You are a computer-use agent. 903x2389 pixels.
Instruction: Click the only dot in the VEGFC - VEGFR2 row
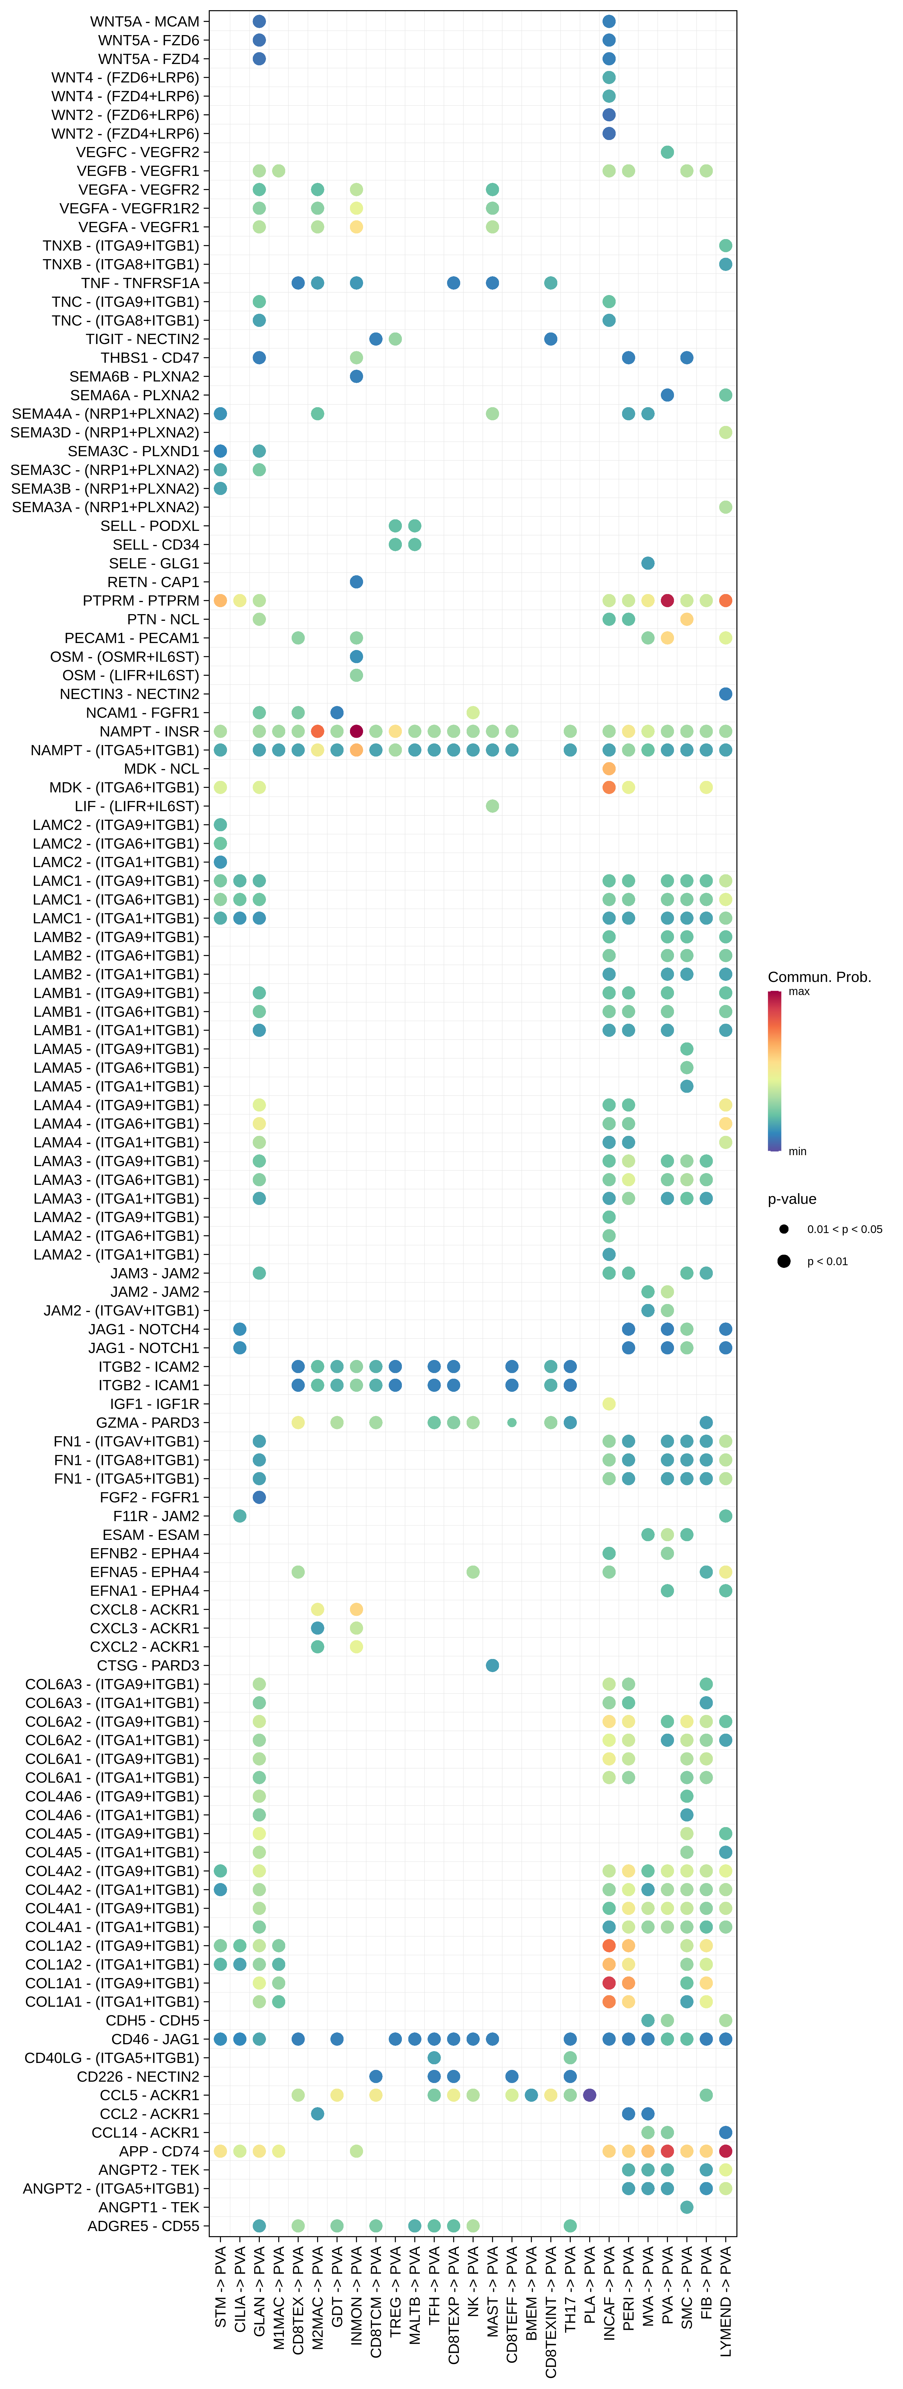(668, 152)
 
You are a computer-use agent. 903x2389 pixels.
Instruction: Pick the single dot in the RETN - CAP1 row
(356, 581)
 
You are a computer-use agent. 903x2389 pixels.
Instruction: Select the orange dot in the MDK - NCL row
(609, 769)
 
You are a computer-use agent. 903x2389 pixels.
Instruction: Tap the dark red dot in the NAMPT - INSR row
(356, 732)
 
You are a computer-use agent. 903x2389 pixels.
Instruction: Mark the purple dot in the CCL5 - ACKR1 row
(590, 2095)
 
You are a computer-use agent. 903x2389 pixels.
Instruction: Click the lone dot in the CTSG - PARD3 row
(492, 1666)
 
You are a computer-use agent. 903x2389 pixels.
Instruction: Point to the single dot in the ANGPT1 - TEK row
(687, 2207)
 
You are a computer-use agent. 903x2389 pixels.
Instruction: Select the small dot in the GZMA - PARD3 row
(512, 1423)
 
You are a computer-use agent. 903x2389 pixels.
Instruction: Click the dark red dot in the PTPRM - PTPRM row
(668, 601)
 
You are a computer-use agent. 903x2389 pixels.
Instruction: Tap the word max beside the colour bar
(799, 991)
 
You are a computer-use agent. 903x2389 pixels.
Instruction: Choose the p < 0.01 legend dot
(784, 1261)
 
